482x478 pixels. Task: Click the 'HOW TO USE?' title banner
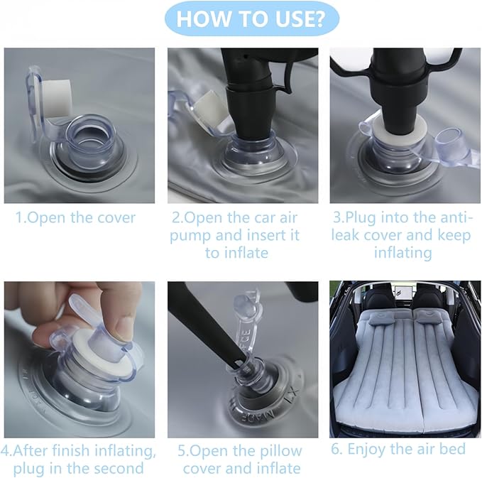tap(252, 18)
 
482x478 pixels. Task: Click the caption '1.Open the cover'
tap(75, 218)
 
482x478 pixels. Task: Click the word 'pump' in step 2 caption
tap(190, 237)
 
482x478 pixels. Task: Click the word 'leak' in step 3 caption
tap(345, 235)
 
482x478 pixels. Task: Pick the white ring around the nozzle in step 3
tap(398, 132)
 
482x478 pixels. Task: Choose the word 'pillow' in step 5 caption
tap(281, 452)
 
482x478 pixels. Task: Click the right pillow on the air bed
tap(427, 319)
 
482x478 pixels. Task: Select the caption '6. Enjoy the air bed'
tap(398, 449)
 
